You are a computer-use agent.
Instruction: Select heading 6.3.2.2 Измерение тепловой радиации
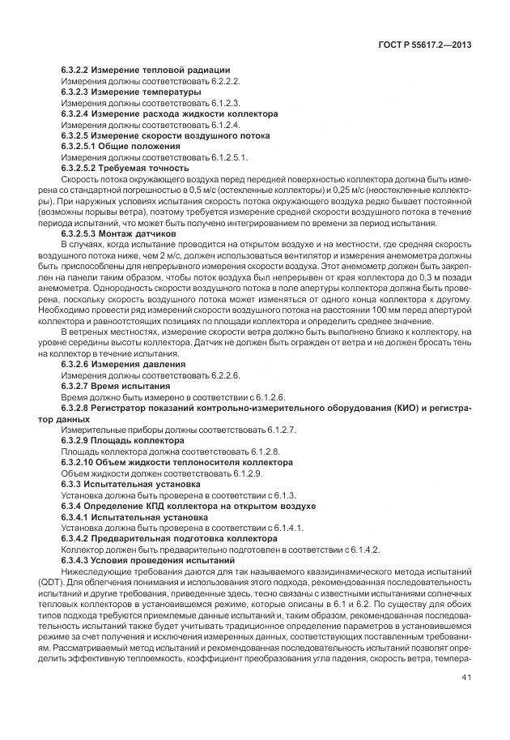click(146, 71)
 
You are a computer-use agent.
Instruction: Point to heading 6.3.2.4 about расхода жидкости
click(169, 114)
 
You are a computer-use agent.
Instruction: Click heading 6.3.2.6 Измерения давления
click(123, 364)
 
